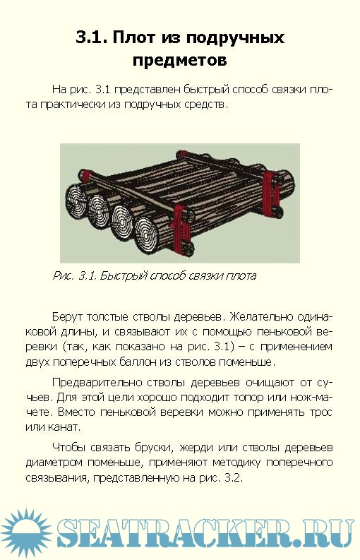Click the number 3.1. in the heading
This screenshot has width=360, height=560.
click(91, 37)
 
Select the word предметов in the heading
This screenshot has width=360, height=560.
click(179, 60)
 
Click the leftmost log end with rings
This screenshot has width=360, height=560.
click(76, 202)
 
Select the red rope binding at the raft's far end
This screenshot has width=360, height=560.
click(268, 189)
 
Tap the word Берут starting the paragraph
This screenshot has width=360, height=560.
click(67, 317)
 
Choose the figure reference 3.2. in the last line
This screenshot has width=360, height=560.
click(234, 477)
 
